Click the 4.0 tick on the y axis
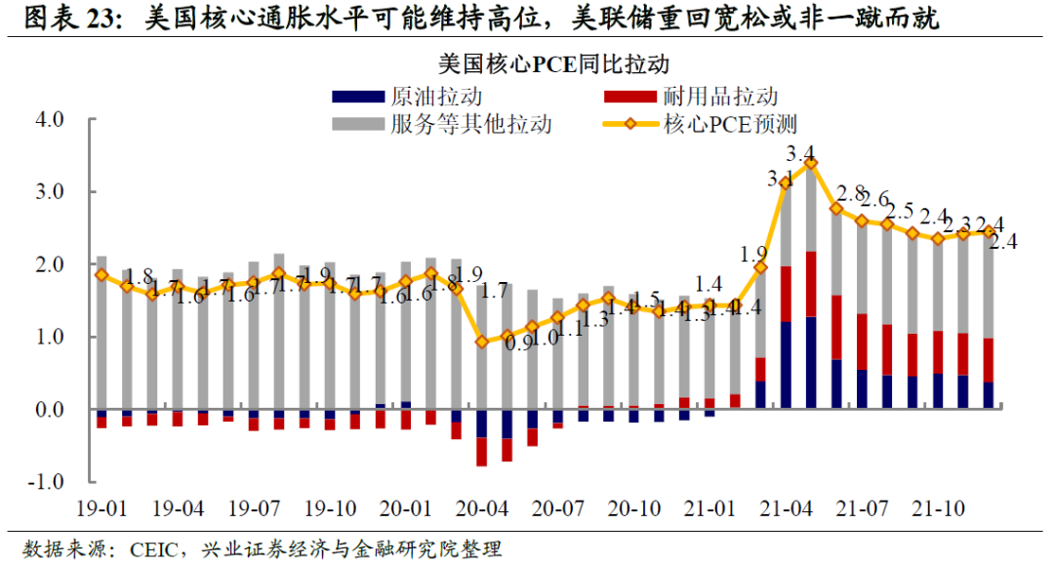49,120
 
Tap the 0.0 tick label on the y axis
49,410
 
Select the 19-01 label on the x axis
102,509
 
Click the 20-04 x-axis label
481,509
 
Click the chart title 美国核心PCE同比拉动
553,66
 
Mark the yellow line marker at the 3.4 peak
811,164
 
